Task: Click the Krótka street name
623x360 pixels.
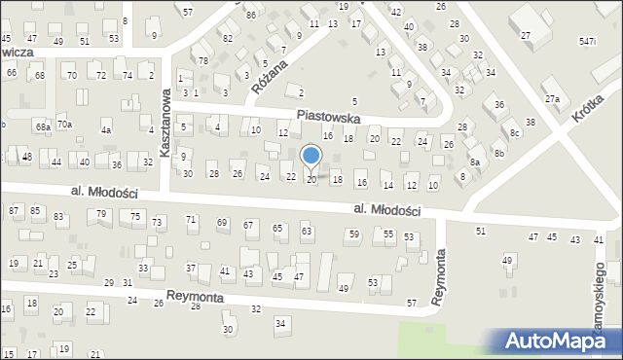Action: pyautogui.click(x=588, y=114)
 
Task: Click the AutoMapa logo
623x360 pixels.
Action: pyautogui.click(x=561, y=341)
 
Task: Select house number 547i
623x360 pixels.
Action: pyautogui.click(x=586, y=42)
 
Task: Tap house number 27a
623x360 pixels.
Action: pyautogui.click(x=553, y=99)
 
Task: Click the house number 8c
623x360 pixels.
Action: pyautogui.click(x=515, y=133)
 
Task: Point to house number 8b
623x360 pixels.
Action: pyautogui.click(x=499, y=153)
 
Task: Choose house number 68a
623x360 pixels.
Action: pyautogui.click(x=43, y=126)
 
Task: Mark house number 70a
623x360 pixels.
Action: pyautogui.click(x=64, y=125)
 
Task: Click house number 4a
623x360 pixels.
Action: pyautogui.click(x=106, y=129)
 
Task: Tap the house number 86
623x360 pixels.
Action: pyautogui.click(x=251, y=16)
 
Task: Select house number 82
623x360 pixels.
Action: pyautogui.click(x=228, y=38)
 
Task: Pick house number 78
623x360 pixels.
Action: pyautogui.click(x=203, y=60)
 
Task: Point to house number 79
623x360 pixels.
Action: pyautogui.click(x=101, y=213)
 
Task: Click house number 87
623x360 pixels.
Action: pyautogui.click(x=14, y=210)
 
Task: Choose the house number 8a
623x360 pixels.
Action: pyautogui.click(x=475, y=162)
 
